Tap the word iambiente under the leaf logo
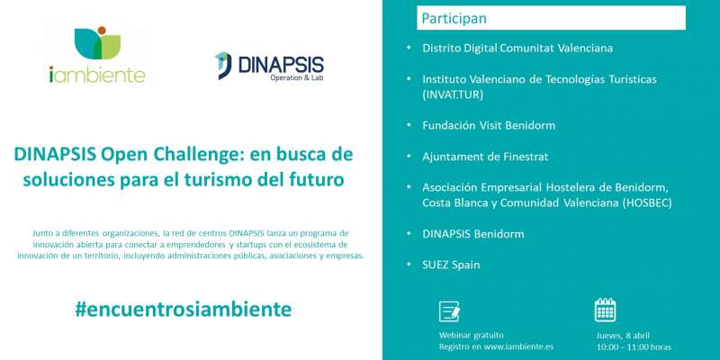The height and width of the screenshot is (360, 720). [97, 75]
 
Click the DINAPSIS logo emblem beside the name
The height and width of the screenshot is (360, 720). [223, 66]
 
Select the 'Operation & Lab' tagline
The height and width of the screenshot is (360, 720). [297, 78]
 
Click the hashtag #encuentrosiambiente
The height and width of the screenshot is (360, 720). [184, 310]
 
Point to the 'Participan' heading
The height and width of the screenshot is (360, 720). [454, 18]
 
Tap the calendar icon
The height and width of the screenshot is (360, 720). [605, 310]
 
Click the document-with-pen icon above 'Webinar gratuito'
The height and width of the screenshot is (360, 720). [449, 311]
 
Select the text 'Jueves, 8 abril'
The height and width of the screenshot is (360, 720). [623, 336]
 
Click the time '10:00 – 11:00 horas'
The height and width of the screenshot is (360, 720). [634, 347]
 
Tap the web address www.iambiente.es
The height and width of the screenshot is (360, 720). [518, 346]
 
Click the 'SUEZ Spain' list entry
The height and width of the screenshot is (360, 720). [451, 265]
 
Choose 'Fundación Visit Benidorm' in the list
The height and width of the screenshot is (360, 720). [489, 125]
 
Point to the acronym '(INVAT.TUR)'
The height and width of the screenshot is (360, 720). [453, 95]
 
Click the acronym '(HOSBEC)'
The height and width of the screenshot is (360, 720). [647, 203]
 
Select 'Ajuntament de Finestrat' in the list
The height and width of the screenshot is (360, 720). [485, 157]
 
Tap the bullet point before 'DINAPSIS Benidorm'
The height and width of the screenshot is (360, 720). [409, 233]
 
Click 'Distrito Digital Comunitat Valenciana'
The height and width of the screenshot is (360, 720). [517, 49]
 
